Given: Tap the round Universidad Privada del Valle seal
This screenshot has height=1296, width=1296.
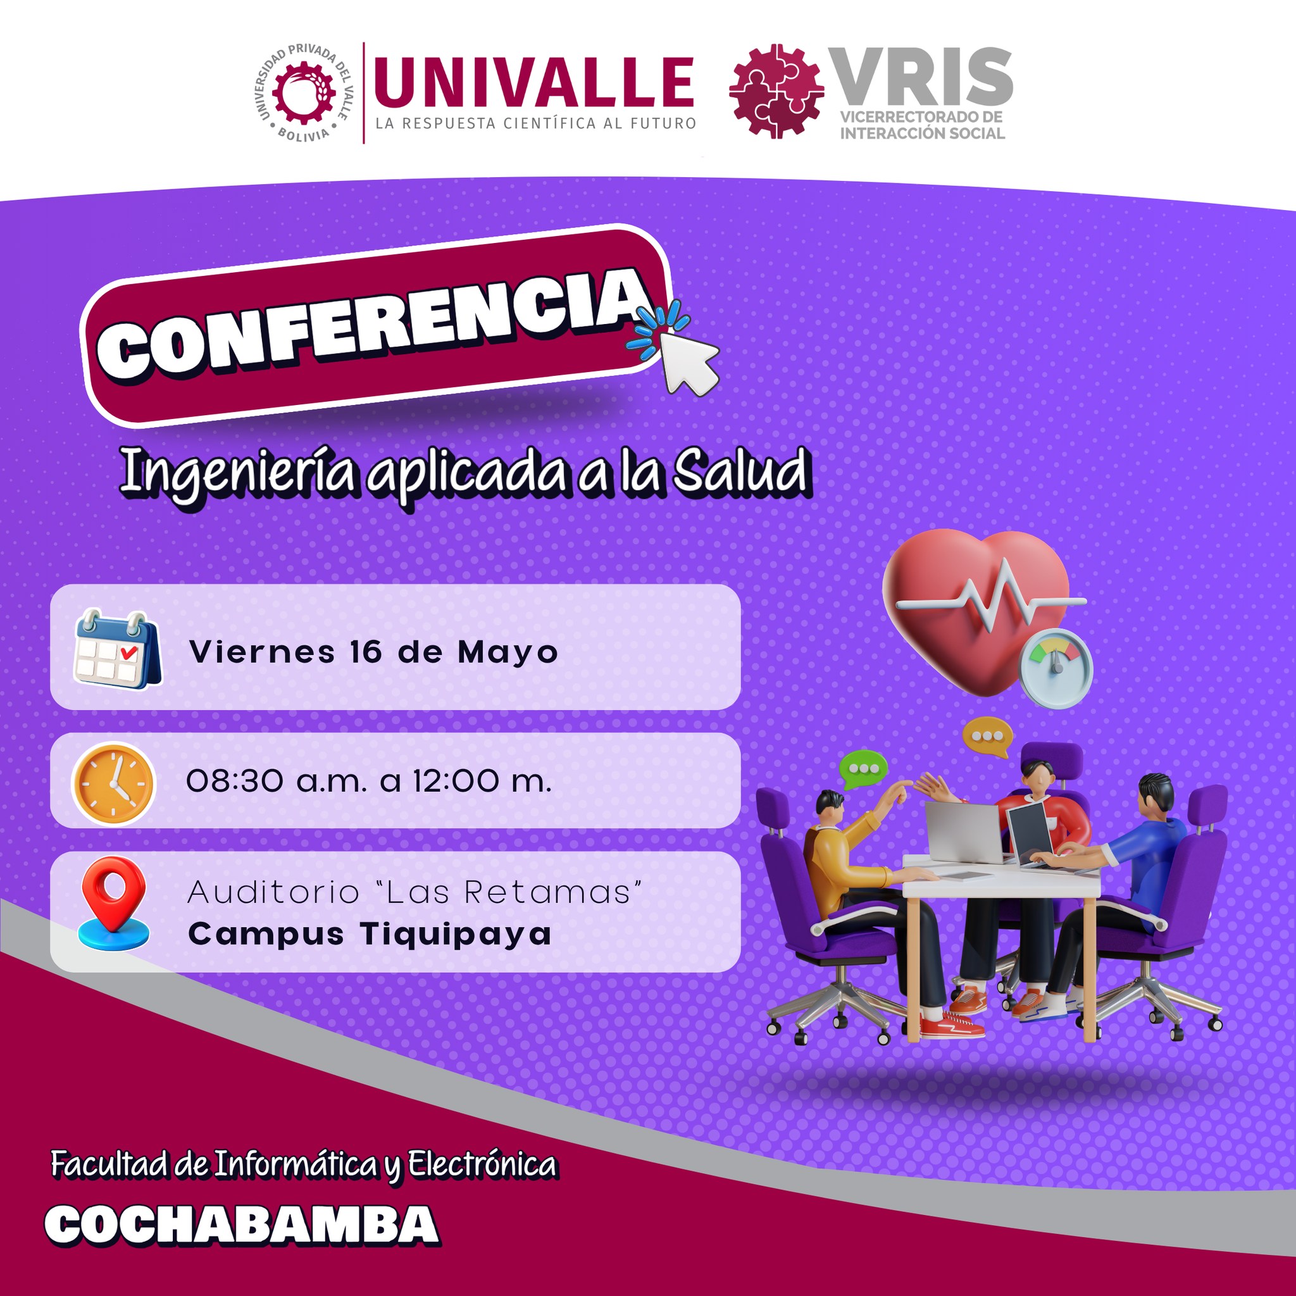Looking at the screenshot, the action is point(303,92).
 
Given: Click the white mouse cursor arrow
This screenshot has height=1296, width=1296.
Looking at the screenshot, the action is point(688,362).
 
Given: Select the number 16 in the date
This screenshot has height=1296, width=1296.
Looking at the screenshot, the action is point(366,652).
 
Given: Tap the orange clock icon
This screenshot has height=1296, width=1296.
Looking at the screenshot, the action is point(113,782).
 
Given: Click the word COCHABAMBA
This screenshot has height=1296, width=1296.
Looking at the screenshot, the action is point(242,1224).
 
